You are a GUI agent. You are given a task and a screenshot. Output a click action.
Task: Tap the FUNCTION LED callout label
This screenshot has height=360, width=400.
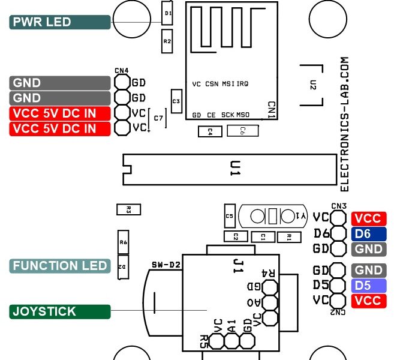[x=60, y=266]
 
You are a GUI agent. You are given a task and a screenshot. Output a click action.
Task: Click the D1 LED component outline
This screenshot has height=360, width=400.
[x=168, y=13]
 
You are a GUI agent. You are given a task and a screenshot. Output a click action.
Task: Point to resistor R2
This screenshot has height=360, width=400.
[x=167, y=41]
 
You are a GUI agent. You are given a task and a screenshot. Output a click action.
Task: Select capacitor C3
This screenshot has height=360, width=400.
[x=176, y=101]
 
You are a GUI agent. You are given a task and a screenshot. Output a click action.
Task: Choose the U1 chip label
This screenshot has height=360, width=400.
[x=234, y=170]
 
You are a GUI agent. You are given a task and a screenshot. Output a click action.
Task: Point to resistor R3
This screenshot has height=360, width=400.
[x=128, y=209]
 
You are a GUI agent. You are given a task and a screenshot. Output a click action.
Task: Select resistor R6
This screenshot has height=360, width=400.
[x=123, y=242]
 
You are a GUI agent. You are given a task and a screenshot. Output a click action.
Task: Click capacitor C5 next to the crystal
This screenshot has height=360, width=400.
[x=229, y=215]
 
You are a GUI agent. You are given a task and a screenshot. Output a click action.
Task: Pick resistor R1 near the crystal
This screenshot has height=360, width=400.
[x=288, y=236]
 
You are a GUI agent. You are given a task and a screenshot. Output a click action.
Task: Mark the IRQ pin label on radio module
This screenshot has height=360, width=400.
[x=243, y=85]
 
